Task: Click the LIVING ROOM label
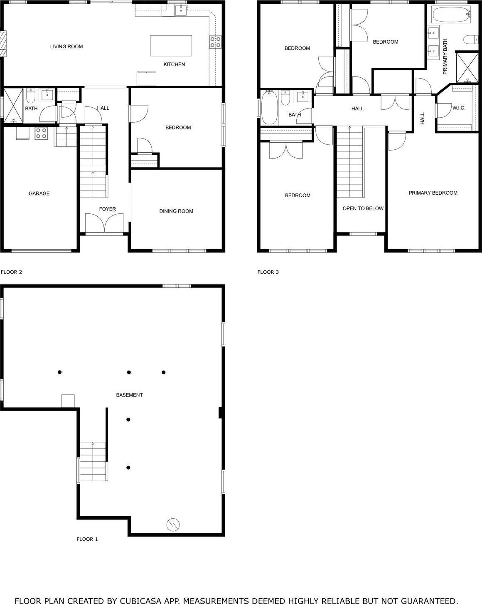point(66,47)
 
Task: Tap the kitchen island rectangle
point(171,46)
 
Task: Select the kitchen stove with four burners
point(215,42)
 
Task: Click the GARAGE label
point(39,193)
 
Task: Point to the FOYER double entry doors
point(104,223)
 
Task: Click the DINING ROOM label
point(176,211)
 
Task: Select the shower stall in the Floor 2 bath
point(12,106)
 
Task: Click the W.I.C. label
point(459,108)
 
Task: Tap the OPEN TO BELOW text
point(363,208)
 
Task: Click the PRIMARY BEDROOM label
point(433,193)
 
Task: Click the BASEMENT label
point(129,395)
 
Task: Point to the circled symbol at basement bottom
point(172,524)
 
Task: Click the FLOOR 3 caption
point(268,272)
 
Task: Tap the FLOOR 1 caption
point(87,540)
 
